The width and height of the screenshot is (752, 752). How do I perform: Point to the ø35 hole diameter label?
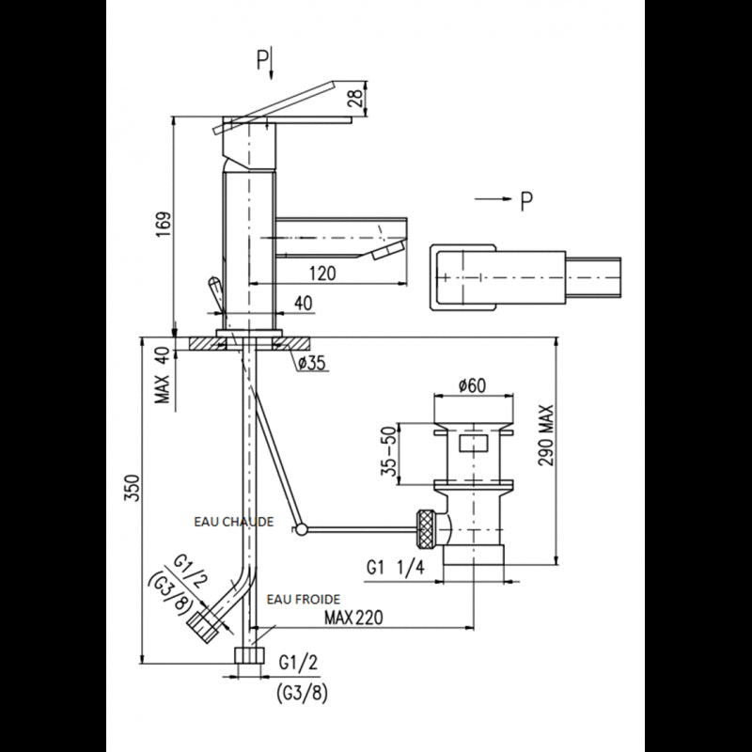[x=312, y=365]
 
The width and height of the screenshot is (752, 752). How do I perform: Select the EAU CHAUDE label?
[x=233, y=521]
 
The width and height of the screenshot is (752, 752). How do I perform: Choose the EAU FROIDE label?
[x=303, y=598]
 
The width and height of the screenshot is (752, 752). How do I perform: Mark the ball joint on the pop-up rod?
[x=300, y=531]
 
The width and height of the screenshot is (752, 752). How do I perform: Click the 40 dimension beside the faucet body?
[x=303, y=303]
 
